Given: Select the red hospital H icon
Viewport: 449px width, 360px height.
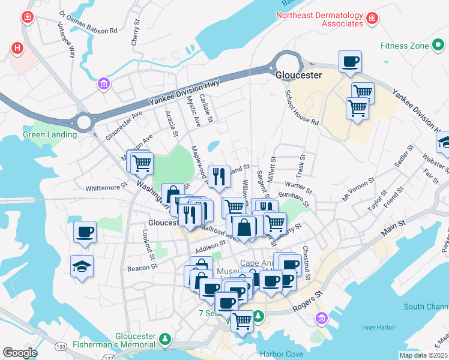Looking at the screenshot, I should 17,47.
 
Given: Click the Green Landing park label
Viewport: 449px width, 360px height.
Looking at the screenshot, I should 50,134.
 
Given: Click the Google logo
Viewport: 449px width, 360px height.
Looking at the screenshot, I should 20,353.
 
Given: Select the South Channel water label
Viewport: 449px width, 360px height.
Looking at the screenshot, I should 426,307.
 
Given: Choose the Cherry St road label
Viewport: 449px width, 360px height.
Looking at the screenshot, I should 135,35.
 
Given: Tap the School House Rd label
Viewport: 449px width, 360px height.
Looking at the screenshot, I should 301,107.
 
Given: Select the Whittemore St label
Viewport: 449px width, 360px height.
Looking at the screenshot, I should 106,187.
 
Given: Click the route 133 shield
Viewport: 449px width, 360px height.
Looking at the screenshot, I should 59,347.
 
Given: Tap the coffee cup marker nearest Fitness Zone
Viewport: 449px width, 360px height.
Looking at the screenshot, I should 350,61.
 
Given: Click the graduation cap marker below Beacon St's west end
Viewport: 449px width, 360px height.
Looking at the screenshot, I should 82,266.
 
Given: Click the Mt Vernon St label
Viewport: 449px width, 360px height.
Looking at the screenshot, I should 358,188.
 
